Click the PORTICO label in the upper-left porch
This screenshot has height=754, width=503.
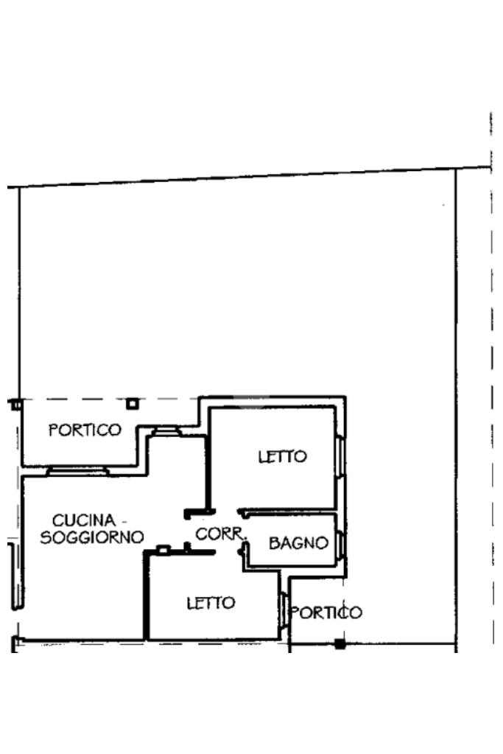pos(85,430)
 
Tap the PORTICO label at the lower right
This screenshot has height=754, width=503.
pos(326,613)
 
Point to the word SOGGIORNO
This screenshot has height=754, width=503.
pos(92,537)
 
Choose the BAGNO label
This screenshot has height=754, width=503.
pos(298,544)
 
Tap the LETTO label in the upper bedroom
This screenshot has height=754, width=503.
pos(282,457)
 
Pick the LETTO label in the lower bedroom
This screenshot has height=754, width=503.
pos(211,603)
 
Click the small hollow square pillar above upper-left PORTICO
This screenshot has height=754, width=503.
pos(132,403)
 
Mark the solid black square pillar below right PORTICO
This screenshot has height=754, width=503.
pos(340,643)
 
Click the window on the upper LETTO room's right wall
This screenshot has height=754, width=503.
pos(340,457)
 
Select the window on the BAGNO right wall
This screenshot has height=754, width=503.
pos(341,544)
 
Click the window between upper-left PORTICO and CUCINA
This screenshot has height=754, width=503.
pos(77,470)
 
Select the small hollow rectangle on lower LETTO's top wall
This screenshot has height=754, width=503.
pos(163,548)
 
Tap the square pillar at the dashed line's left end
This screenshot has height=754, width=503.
pos(15,404)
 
